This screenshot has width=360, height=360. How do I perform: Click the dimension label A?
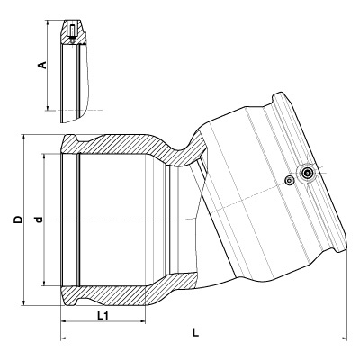point(43,65)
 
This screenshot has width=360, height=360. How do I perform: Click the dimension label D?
point(19,220)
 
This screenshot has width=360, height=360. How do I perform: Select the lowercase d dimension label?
point(39,220)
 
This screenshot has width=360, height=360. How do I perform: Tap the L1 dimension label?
point(103,315)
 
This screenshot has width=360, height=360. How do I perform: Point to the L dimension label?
point(195,332)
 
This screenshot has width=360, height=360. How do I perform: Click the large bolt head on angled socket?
point(307,173)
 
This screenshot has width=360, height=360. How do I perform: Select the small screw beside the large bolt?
point(290,181)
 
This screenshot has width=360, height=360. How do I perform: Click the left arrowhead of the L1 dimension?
point(63,322)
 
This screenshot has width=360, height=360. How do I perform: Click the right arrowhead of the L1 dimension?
point(143,322)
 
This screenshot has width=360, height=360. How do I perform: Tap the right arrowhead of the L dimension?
point(344,338)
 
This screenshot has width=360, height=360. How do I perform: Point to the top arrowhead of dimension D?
point(23,139)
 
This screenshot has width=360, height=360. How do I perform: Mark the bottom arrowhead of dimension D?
point(23,302)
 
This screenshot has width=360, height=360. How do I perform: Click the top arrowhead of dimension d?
point(44,157)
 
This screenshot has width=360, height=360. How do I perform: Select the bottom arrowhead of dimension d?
point(44,283)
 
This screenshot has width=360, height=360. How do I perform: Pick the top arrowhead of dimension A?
point(47,23)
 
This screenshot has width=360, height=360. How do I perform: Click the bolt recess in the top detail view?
point(72,30)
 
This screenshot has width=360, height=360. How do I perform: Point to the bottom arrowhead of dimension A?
point(47,107)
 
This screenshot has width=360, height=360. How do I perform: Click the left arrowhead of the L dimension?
point(64,338)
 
